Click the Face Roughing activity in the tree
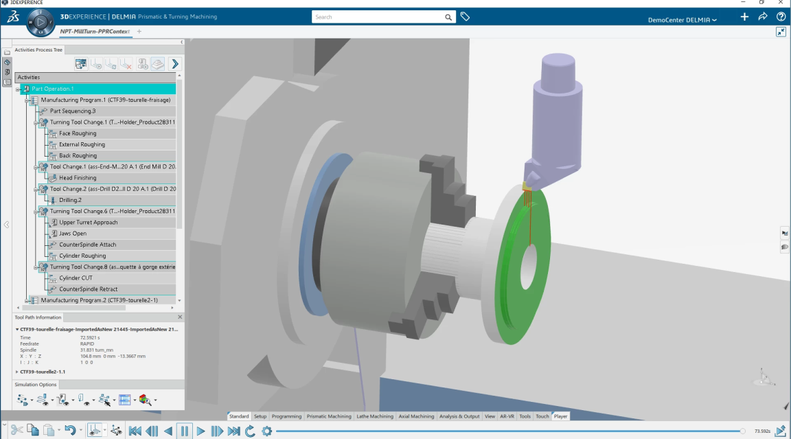(77, 133)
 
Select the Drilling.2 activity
(70, 200)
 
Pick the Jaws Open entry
(73, 233)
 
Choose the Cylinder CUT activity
(76, 278)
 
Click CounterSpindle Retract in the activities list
(89, 289)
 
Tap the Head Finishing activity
(78, 178)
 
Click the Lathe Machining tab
(375, 416)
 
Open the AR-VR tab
(507, 416)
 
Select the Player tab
(560, 416)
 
